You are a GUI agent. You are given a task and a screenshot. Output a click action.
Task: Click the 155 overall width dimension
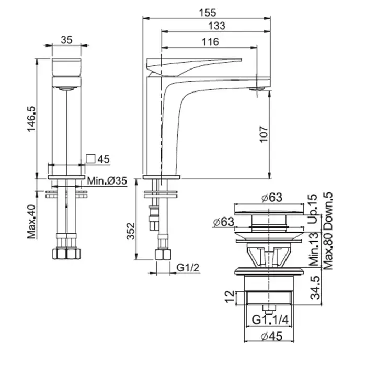208,13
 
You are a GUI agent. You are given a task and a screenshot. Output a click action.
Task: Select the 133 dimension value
216,26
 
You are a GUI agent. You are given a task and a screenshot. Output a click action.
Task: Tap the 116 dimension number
210,42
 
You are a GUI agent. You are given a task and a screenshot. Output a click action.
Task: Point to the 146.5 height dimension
31,119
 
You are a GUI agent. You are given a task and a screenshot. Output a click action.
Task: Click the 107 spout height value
264,134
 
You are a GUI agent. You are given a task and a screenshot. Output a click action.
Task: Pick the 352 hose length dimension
131,231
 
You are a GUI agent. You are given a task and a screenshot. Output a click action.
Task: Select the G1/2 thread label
188,268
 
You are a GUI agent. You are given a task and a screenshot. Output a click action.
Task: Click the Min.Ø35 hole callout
107,180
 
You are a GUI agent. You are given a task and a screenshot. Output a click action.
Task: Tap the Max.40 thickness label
31,222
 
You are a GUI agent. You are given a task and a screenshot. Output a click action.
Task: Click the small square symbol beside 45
90,158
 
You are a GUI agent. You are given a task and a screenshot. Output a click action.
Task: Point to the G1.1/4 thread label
270,319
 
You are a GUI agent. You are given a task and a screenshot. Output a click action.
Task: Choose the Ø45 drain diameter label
272,336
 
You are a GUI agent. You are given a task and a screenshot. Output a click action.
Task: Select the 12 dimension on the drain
230,296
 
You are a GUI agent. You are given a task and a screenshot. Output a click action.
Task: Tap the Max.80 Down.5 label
328,231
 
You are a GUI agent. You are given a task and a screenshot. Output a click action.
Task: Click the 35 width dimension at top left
66,40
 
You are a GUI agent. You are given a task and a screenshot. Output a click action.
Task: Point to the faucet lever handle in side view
194,67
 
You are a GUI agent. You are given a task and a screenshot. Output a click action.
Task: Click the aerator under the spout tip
256,89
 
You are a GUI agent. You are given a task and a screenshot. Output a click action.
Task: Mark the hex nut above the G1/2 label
163,255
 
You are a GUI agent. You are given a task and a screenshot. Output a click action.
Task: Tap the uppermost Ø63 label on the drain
272,197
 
